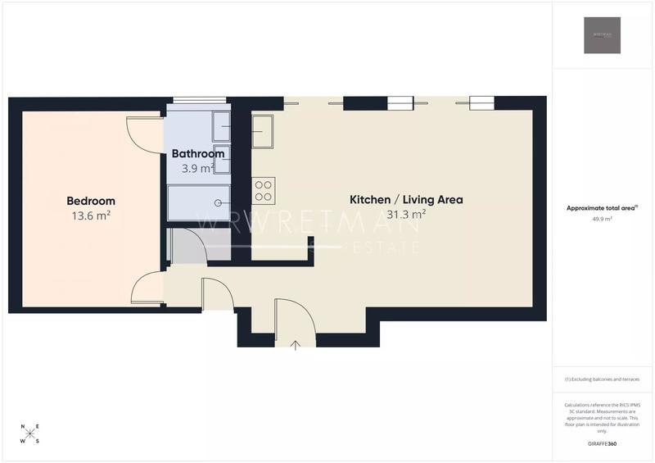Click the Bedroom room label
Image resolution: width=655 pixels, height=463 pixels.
click(x=90, y=201)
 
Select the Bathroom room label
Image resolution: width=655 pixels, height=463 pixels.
click(x=197, y=153)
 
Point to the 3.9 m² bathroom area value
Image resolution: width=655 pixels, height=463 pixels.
click(x=197, y=168)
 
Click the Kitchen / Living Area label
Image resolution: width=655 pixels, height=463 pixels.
click(x=406, y=199)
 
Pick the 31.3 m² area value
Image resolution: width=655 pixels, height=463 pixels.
click(x=406, y=214)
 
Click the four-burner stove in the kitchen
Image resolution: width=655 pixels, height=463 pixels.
click(x=264, y=191)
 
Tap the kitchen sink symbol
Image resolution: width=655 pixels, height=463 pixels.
click(x=262, y=131)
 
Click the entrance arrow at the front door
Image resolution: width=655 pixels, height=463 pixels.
click(x=295, y=345)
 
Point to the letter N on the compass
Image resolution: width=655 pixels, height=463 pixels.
click(x=24, y=427)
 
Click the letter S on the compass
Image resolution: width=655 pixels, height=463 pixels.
click(x=37, y=441)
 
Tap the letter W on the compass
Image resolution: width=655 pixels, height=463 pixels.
click(x=23, y=441)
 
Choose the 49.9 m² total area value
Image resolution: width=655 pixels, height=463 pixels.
click(x=602, y=220)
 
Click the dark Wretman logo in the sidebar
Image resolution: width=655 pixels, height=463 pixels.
click(x=602, y=35)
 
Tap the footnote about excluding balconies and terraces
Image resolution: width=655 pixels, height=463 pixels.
click(x=602, y=379)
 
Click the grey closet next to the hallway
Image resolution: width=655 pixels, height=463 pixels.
click(x=187, y=246)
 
